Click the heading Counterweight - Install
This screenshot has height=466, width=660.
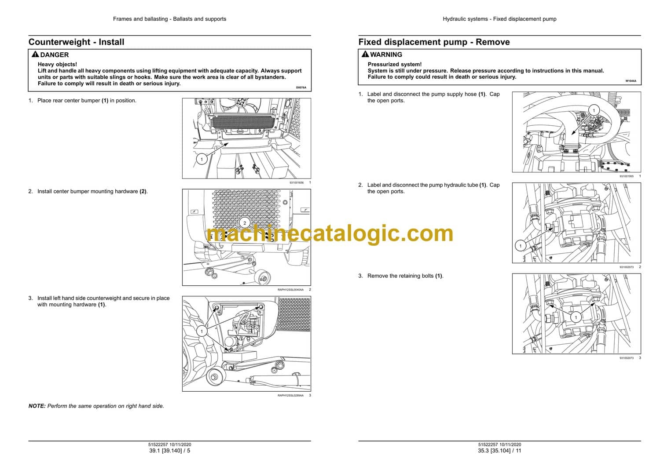pos(76,42)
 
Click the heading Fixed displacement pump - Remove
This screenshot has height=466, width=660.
pos(434,42)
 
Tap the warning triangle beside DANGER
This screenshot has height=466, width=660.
pos(35,54)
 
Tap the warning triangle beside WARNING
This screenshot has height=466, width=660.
pos(365,54)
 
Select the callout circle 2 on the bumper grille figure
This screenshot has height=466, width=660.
pos(245,223)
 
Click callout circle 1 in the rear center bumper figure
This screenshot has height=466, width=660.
pos(202,159)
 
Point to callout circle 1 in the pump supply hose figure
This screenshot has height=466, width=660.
pos(594,110)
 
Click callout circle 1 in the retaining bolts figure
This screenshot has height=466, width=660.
pos(576,317)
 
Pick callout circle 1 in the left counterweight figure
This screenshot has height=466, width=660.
pos(202,331)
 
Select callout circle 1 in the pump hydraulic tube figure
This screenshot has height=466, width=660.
pos(521,246)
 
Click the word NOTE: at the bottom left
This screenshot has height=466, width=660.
pos(37,406)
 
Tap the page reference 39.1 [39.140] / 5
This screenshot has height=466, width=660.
pos(170,451)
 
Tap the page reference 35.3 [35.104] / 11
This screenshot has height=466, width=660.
pos(499,451)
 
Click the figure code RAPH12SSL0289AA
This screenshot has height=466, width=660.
pos(290,395)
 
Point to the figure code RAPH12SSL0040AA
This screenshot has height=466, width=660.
pos(290,290)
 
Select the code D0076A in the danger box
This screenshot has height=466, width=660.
pos(301,87)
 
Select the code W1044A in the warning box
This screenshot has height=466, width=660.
pos(631,81)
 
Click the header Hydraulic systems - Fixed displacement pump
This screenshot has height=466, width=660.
pos(499,19)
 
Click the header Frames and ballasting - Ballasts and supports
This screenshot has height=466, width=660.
pos(170,19)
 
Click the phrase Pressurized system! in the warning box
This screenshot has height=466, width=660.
pos(395,64)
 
